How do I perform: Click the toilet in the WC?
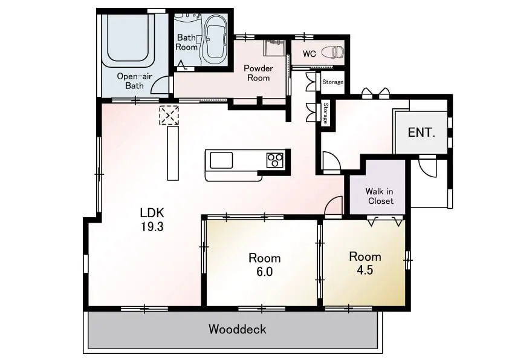click(x=332, y=52)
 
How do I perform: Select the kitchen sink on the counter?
click(x=221, y=160)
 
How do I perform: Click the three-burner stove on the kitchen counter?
click(x=275, y=160)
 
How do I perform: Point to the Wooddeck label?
click(x=238, y=329)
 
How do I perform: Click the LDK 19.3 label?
click(x=152, y=219)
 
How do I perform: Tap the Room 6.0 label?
click(x=265, y=264)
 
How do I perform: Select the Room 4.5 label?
click(x=365, y=263)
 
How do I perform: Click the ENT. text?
click(x=421, y=133)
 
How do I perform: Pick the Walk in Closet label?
click(x=380, y=196)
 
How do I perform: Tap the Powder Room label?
click(x=258, y=73)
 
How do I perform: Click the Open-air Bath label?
click(x=134, y=81)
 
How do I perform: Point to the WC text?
click(x=309, y=54)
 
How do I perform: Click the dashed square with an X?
click(x=169, y=115)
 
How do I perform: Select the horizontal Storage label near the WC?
click(x=332, y=82)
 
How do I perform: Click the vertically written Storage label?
click(x=326, y=113)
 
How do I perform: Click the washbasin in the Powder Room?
click(x=274, y=47)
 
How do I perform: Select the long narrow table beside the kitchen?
click(x=173, y=153)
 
